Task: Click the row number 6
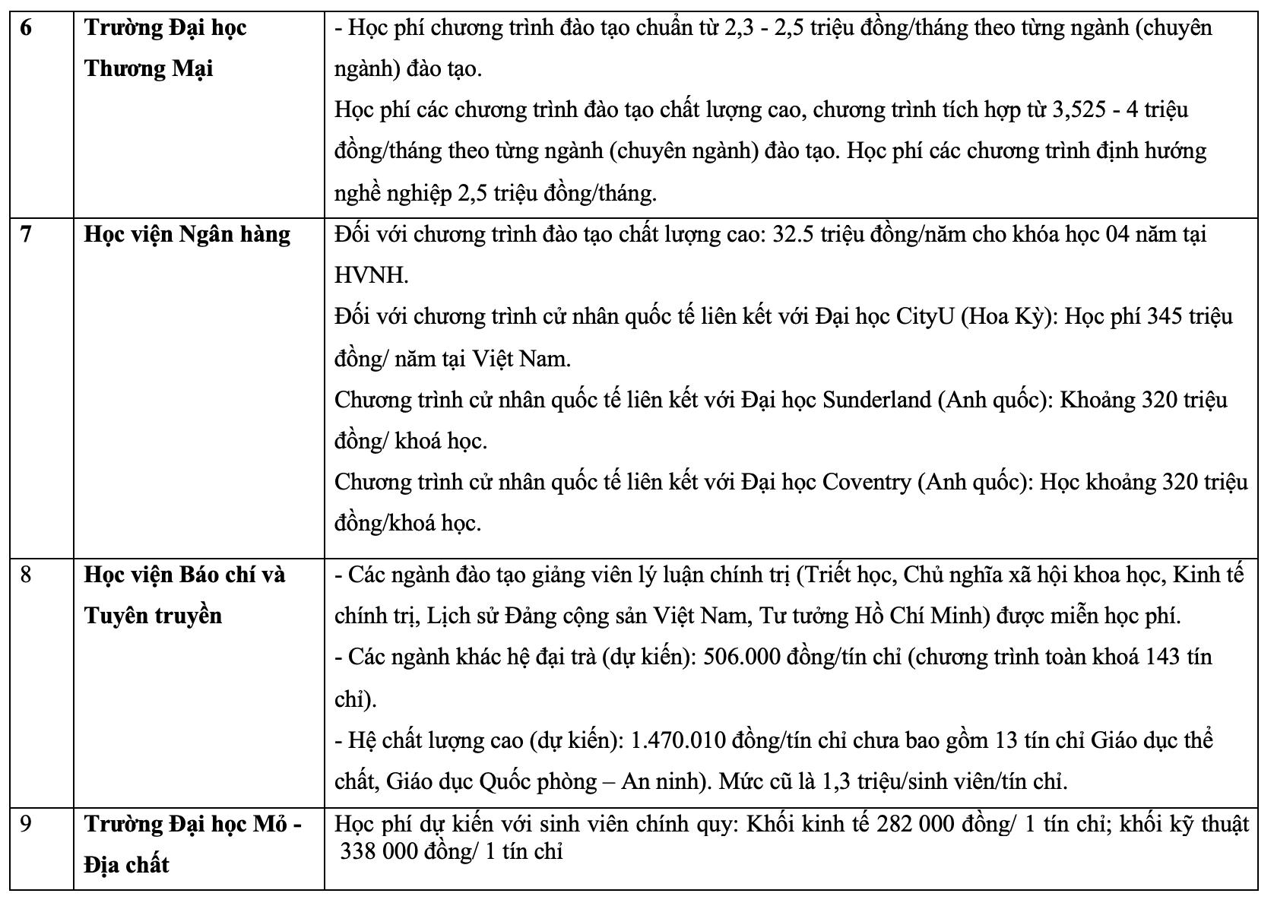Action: (25, 29)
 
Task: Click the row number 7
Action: (26, 234)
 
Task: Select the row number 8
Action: (26, 575)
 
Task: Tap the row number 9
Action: (26, 824)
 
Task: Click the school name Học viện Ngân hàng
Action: (187, 234)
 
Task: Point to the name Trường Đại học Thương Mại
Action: (165, 49)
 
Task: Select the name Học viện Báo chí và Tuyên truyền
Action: (184, 594)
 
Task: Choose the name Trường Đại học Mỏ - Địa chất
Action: (192, 844)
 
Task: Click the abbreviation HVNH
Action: (372, 275)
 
